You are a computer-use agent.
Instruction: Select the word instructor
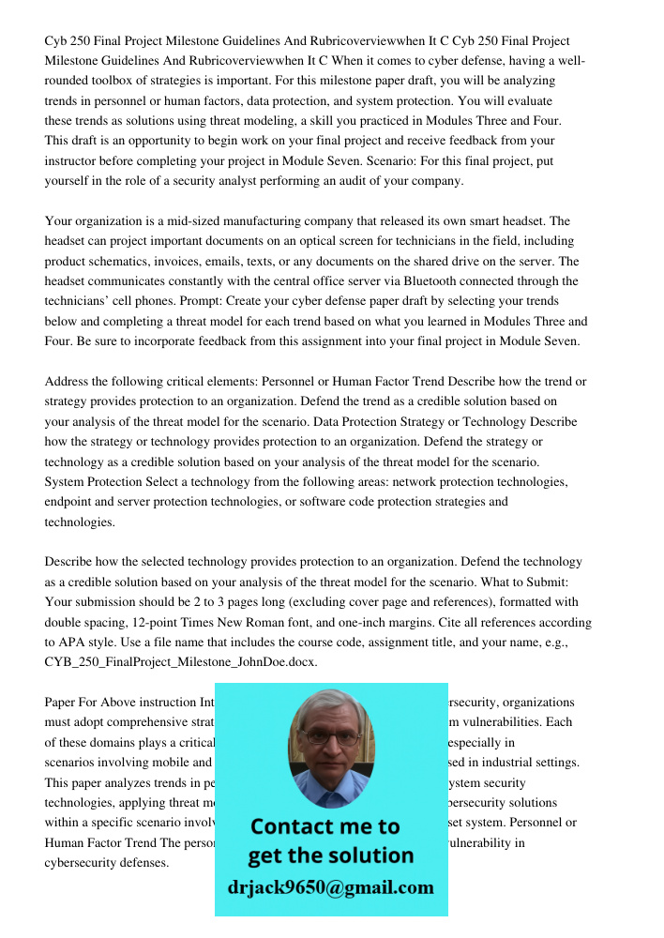(x=80, y=161)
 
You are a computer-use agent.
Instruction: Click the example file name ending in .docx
(x=181, y=662)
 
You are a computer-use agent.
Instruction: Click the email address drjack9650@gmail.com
(x=331, y=887)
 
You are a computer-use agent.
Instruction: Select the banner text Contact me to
(x=324, y=826)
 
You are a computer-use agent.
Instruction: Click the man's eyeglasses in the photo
(x=330, y=737)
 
